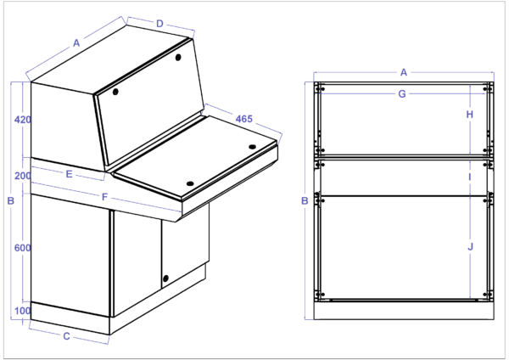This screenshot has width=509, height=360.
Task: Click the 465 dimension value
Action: pos(243,119)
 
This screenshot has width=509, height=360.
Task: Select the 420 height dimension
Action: pos(23,120)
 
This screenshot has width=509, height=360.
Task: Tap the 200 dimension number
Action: pos(23,175)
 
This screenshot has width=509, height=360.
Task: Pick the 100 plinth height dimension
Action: pos(23,311)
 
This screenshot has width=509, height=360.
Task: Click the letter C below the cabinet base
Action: pos(66,336)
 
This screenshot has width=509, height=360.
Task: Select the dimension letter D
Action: pos(159,24)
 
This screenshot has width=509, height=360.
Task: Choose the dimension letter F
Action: pos(103,198)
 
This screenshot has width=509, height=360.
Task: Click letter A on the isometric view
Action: pos(76,42)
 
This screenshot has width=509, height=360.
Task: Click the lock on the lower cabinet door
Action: pos(165,278)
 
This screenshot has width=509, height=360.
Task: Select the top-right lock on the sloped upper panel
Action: pos(179,58)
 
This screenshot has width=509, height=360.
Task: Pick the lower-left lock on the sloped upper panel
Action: pos(116,91)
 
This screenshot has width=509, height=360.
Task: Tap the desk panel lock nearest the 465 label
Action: pos(252,147)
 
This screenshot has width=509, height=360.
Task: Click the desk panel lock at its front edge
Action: pos(189,183)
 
